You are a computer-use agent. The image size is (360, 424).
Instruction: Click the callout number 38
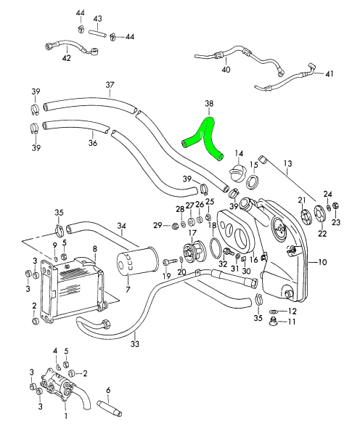[209, 104]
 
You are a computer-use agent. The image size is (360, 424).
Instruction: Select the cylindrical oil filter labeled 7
[137, 261]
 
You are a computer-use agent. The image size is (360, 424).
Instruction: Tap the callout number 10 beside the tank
[322, 262]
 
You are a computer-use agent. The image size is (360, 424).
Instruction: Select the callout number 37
[110, 85]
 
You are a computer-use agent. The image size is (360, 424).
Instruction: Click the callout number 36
[93, 142]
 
